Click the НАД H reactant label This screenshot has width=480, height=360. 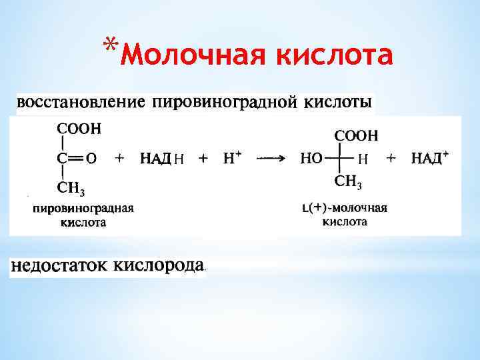tap(162, 158)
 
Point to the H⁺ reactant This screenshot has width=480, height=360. tap(231, 157)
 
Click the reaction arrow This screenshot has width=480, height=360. tap(271, 158)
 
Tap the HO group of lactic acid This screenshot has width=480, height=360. tap(312, 158)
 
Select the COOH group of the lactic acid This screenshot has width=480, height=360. tap(356, 135)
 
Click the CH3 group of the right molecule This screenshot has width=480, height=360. tap(349, 181)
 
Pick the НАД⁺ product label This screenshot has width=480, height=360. tap(429, 158)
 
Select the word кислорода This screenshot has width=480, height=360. tap(159, 266)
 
